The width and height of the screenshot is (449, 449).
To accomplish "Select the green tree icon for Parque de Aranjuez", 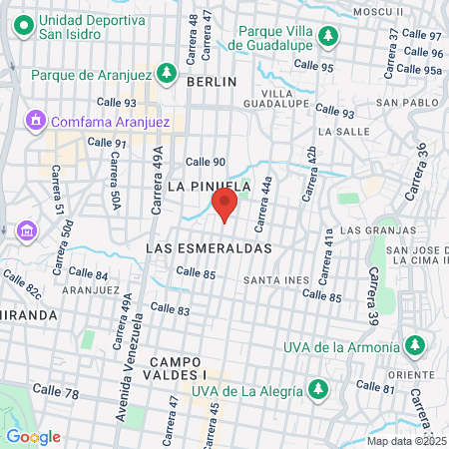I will [167, 74].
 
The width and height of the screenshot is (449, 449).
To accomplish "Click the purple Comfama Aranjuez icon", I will [37, 121].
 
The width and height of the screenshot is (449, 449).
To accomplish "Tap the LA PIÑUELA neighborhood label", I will [208, 186].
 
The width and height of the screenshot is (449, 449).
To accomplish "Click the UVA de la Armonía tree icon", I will [414, 346].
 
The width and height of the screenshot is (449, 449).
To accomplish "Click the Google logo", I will [33, 436].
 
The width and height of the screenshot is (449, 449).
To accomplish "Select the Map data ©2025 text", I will [406, 440].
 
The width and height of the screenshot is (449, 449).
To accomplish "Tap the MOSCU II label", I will [384, 11].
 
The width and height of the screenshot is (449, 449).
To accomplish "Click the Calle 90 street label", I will [206, 162].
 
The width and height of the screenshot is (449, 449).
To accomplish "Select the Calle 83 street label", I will [170, 310].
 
